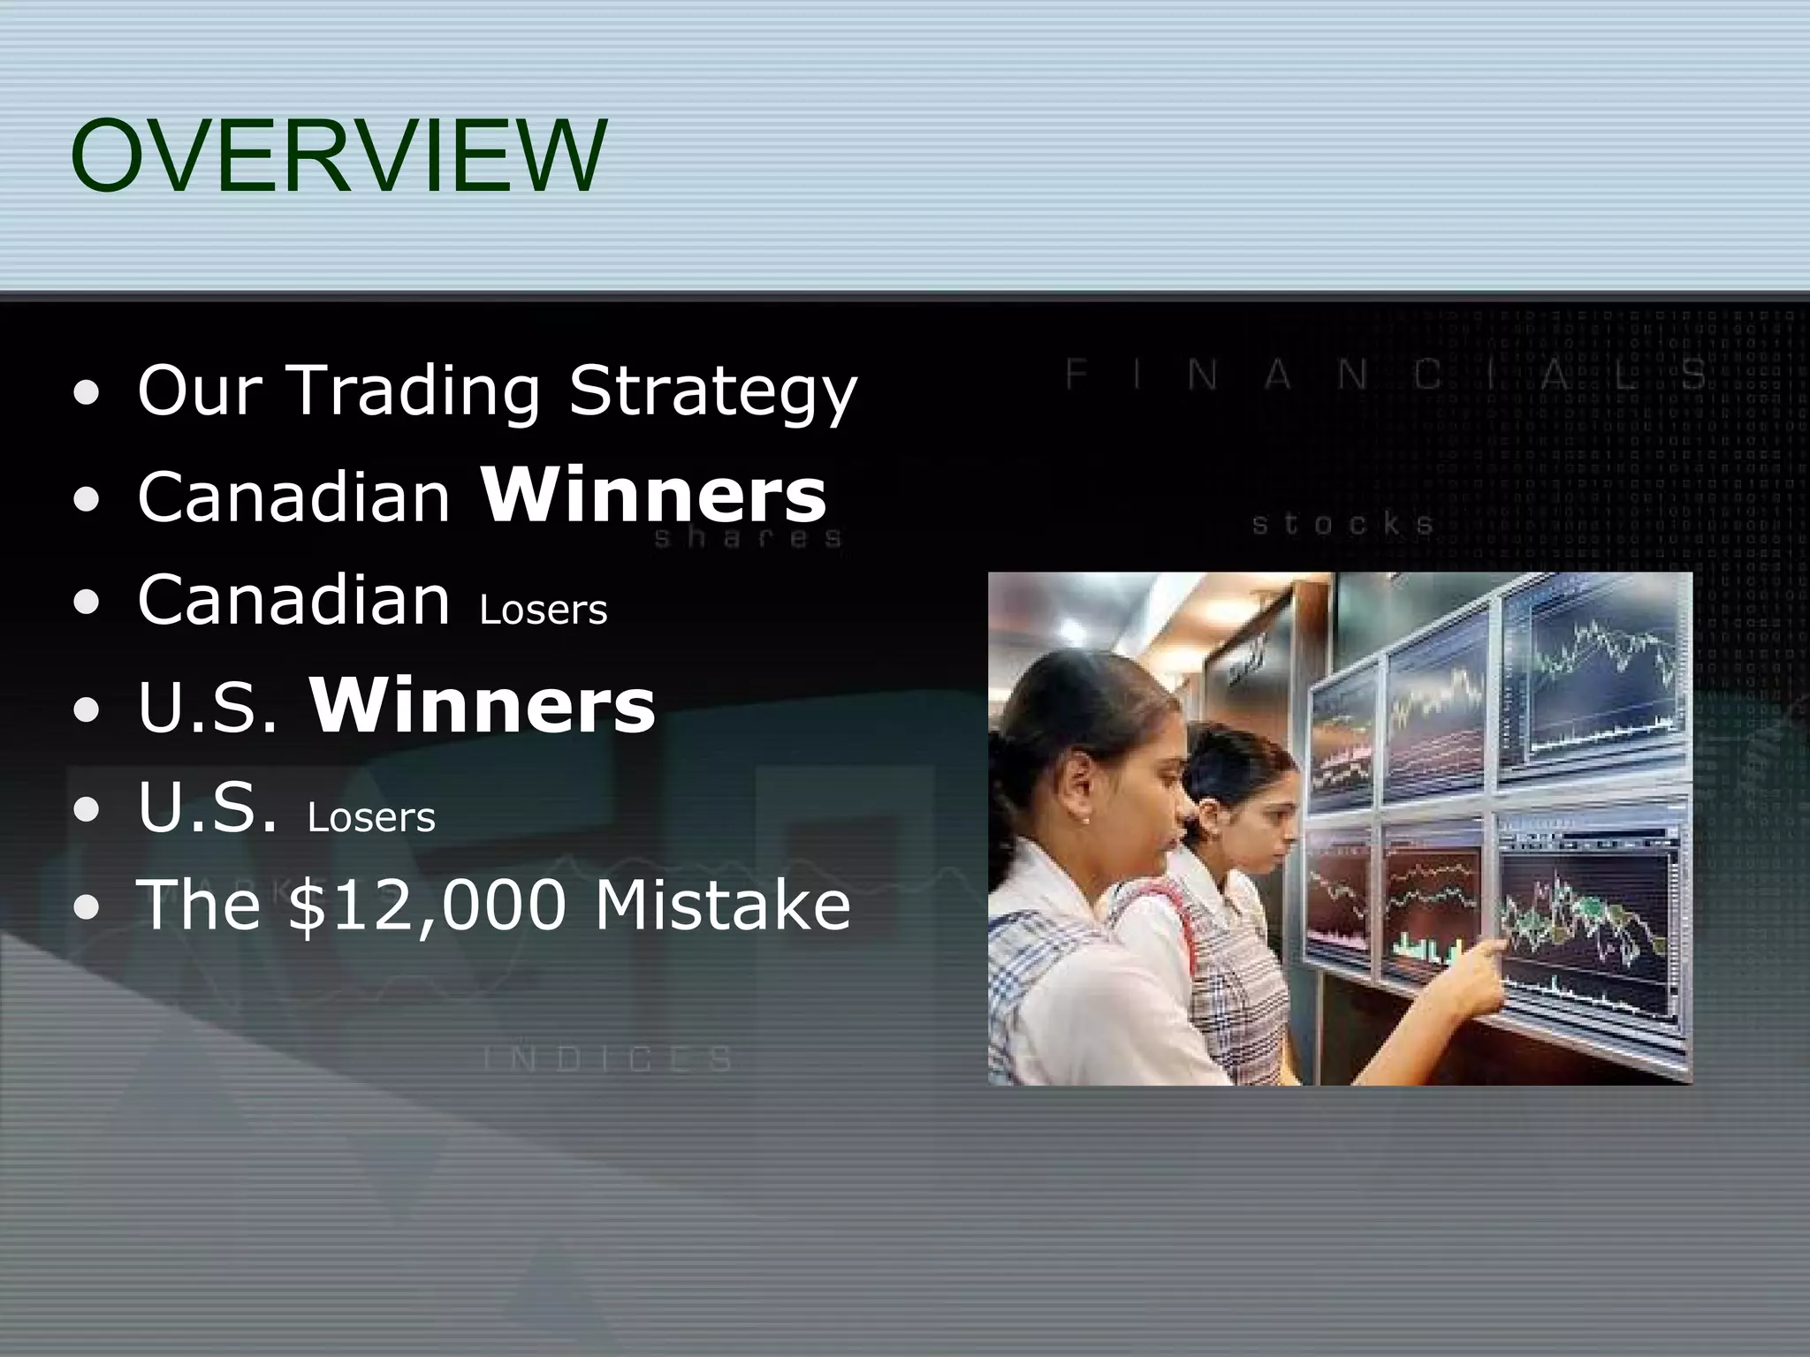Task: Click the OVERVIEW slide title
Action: pyautogui.click(x=338, y=157)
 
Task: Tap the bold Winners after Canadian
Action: pyautogui.click(x=654, y=496)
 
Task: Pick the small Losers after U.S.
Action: pyautogui.click(x=371, y=818)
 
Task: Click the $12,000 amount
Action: pyautogui.click(x=427, y=905)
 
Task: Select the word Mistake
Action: pyautogui.click(x=721, y=905)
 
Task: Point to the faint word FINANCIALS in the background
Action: pyautogui.click(x=1388, y=375)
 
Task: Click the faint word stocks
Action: pyautogui.click(x=1342, y=525)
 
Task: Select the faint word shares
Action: pyautogui.click(x=748, y=538)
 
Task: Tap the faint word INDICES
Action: pyautogui.click(x=609, y=1058)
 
